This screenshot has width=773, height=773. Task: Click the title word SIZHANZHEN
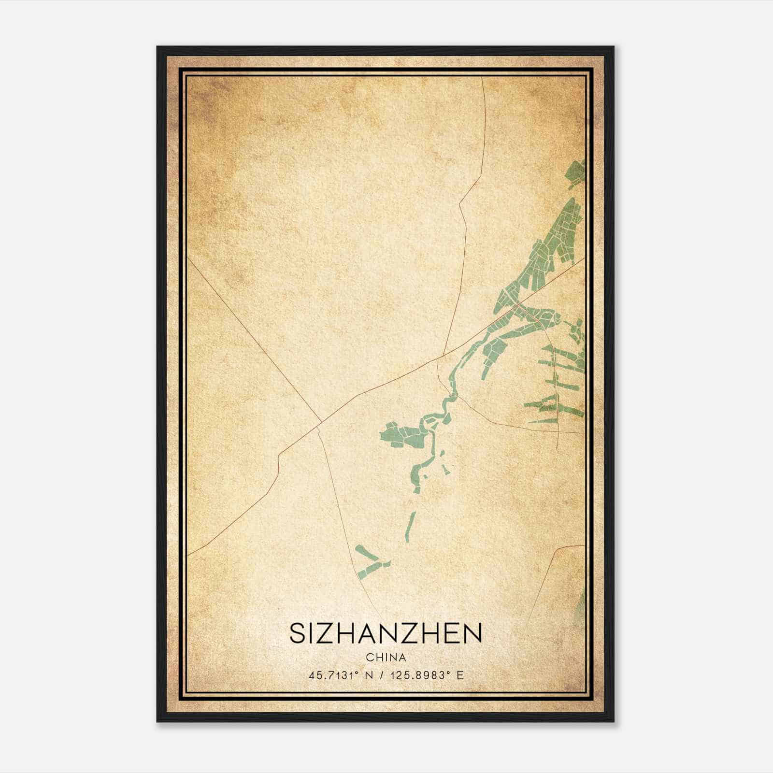[x=386, y=633]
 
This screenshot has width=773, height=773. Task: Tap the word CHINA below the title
[x=386, y=658]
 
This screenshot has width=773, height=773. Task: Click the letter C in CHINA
[x=370, y=658]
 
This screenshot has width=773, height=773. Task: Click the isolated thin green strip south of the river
[x=411, y=527]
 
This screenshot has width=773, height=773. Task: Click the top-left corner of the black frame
[x=157, y=47]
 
